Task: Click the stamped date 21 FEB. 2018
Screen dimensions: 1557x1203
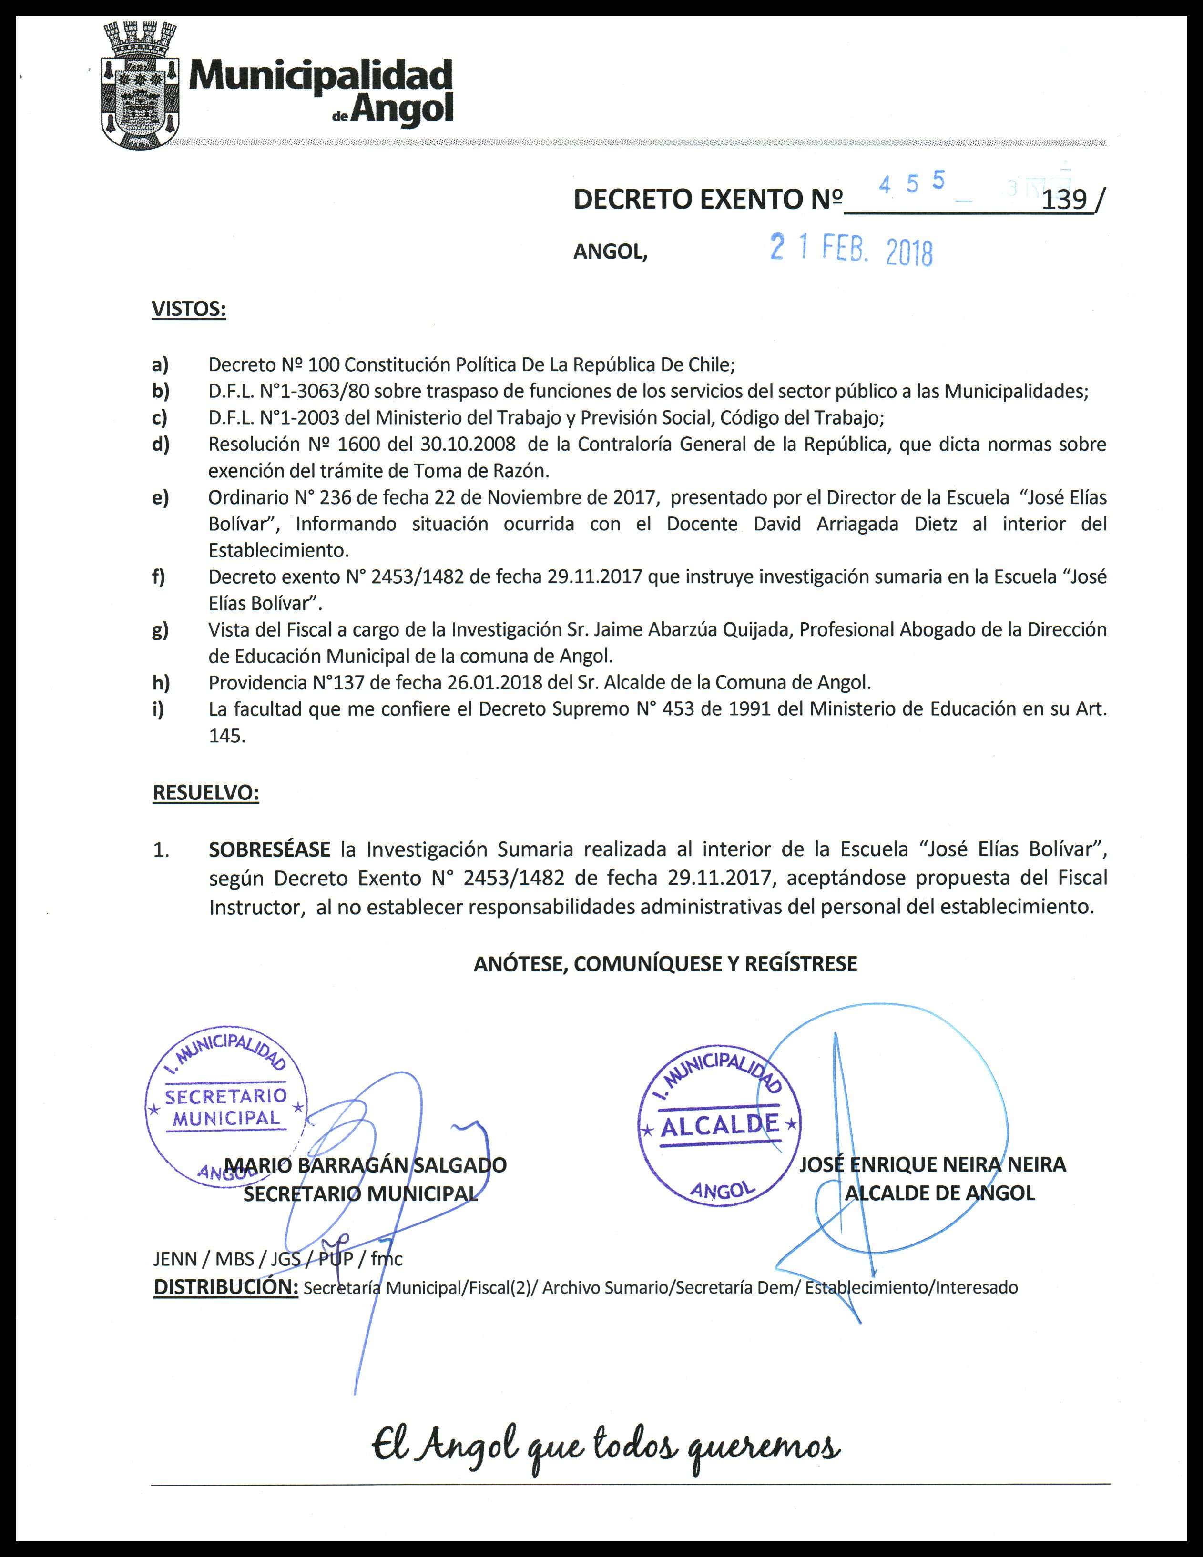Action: [851, 251]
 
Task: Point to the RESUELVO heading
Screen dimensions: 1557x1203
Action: [205, 793]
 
